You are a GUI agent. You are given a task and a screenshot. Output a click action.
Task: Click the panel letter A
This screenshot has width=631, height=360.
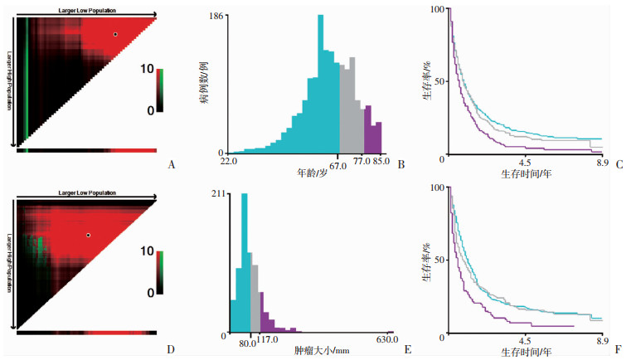pyautogui.click(x=172, y=164)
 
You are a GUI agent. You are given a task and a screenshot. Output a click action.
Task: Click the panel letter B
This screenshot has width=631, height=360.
pyautogui.click(x=400, y=164)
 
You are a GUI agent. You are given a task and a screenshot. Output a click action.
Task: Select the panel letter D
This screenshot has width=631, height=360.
pyautogui.click(x=172, y=348)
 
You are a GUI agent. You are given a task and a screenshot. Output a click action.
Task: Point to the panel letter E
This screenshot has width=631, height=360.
pyautogui.click(x=408, y=348)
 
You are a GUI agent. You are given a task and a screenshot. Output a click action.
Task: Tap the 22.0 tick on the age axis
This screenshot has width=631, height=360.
pyautogui.click(x=231, y=161)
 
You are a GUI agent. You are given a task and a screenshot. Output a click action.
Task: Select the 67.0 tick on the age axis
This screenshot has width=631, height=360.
pyautogui.click(x=339, y=161)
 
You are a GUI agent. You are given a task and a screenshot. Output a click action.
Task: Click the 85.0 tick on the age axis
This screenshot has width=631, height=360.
pyautogui.click(x=382, y=161)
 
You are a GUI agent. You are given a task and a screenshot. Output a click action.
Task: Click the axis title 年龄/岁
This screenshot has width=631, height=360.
pyautogui.click(x=313, y=173)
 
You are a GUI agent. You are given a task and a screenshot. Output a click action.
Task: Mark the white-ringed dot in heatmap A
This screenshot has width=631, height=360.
pyautogui.click(x=115, y=35)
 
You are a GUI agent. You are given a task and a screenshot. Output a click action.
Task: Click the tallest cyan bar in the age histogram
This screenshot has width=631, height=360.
pyautogui.click(x=320, y=83)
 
